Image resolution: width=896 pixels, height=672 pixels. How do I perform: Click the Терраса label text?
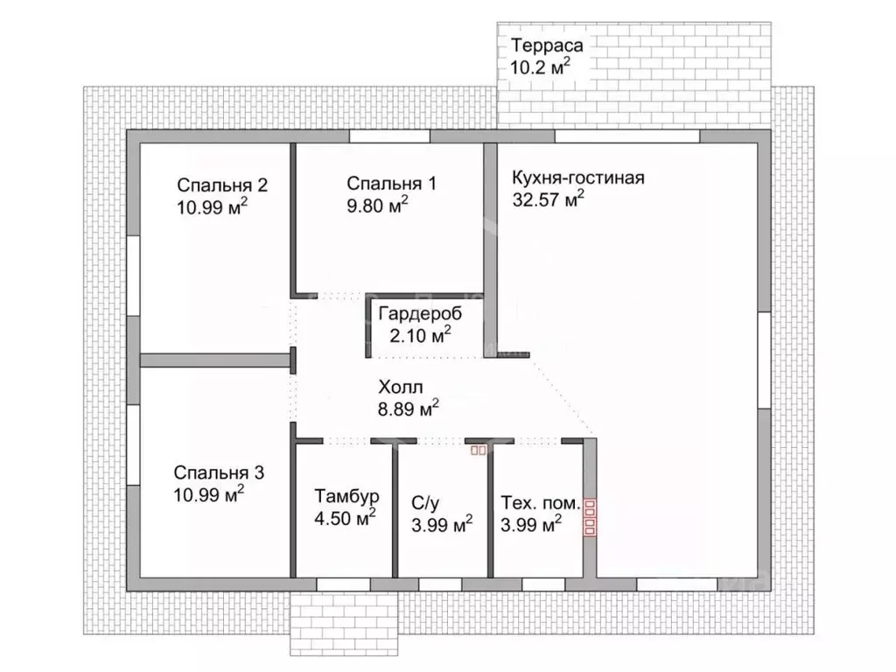[x=547, y=45]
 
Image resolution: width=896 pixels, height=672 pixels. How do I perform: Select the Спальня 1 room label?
[x=391, y=184]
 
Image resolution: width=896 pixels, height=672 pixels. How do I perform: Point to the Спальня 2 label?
[x=222, y=185]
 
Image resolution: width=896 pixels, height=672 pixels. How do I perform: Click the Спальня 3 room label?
[x=219, y=472]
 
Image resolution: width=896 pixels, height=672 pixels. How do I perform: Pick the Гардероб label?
[x=420, y=314]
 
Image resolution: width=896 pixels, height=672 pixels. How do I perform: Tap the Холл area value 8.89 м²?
[x=408, y=409]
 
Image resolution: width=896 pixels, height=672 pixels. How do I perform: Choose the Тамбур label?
[x=346, y=496]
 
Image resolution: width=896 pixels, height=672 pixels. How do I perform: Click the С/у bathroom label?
[x=426, y=503]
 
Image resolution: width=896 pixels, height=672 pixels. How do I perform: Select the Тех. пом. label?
[x=541, y=503]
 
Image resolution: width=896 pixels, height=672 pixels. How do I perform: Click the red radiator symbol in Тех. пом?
[x=590, y=518]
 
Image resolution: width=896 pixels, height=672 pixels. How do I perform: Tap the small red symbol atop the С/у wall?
[x=479, y=451]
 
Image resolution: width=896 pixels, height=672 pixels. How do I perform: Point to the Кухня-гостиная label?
[x=578, y=178]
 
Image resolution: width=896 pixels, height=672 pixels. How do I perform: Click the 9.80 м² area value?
[x=377, y=205]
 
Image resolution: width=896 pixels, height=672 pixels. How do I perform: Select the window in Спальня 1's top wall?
[x=389, y=136]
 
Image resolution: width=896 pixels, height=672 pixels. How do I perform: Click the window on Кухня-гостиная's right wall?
[x=764, y=360]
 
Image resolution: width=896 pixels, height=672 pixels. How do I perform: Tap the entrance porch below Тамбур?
[x=344, y=623]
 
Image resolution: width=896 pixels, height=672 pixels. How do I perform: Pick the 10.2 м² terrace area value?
[x=540, y=66]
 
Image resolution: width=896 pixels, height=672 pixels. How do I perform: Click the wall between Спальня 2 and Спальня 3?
[x=215, y=360]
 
